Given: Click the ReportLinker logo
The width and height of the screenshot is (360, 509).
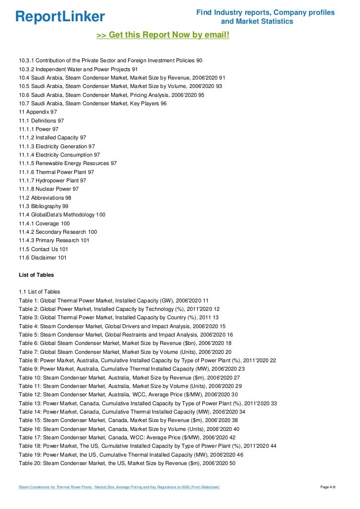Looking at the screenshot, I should (60, 17).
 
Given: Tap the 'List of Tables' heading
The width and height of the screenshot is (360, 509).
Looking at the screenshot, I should (36, 275).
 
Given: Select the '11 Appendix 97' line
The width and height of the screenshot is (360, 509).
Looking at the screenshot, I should (38, 112).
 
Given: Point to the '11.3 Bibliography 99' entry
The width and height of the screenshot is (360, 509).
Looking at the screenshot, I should (44, 206).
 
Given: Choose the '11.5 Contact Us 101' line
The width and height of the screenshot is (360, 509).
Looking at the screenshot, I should (44, 249).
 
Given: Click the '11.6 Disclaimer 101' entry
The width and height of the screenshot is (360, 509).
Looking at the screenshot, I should (43, 257).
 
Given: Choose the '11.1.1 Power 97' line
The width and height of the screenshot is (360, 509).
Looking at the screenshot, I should (39, 129).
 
